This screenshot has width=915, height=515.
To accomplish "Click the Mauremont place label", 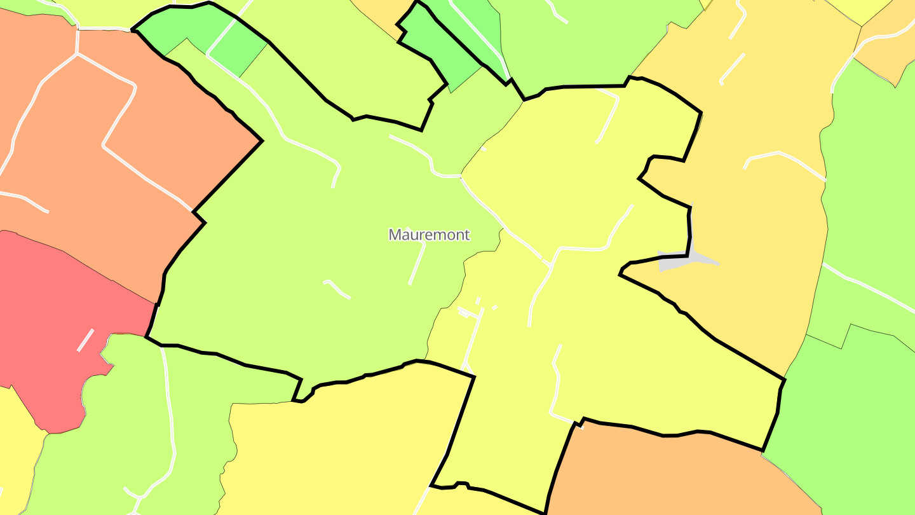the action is pos(429,235).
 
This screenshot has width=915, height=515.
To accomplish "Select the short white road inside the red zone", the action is pos(85,340).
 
